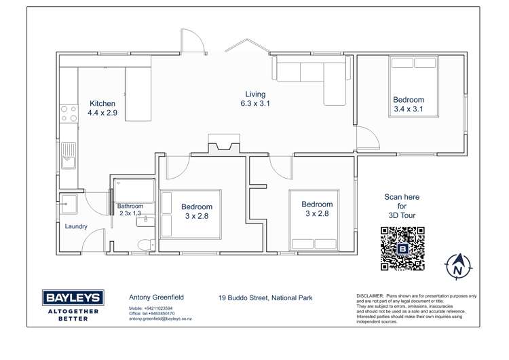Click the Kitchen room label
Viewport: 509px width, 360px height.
tap(102, 104)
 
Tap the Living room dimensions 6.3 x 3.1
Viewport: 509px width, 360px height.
tap(255, 104)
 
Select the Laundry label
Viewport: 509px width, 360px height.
tap(76, 226)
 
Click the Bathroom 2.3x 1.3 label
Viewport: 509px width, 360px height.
tap(130, 210)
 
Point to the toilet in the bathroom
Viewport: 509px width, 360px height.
tap(146, 245)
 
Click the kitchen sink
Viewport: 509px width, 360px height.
tap(69, 156)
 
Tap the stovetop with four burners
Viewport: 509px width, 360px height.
tap(69, 113)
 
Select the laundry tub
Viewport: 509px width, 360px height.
tap(69, 204)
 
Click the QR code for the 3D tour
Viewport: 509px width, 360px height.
tap(402, 249)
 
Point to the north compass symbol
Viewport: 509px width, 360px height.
tap(457, 266)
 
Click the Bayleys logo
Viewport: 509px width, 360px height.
tap(73, 306)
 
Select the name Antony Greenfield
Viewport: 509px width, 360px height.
tap(157, 298)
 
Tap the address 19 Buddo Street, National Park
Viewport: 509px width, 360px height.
tap(265, 298)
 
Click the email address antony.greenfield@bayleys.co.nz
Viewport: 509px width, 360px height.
tap(160, 319)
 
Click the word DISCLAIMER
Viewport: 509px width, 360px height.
tap(370, 296)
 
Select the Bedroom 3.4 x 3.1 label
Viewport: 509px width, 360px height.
tap(409, 105)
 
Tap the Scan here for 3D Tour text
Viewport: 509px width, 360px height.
tap(402, 206)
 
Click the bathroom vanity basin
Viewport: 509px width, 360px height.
tap(145, 220)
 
